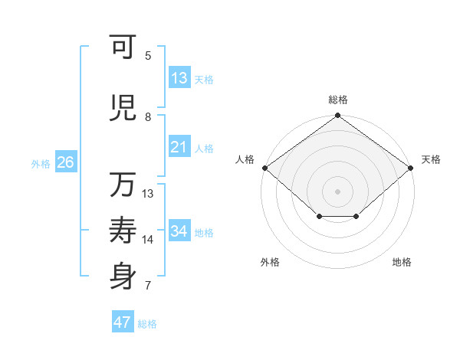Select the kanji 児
tap(123, 109)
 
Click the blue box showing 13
tap(179, 78)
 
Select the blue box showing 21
tap(179, 147)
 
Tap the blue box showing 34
tap(179, 231)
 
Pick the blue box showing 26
tap(65, 162)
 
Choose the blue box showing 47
tap(123, 322)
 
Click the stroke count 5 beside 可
tap(148, 55)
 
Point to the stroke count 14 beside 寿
tap(148, 240)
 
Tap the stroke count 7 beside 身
tap(148, 286)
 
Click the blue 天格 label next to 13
tap(204, 79)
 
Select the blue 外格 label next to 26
tap(41, 163)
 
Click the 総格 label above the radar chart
tap(338, 100)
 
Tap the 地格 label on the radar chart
tap(402, 262)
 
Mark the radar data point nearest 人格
tap(264, 168)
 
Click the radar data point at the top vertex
tap(338, 116)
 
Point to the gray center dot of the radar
tap(338, 191)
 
